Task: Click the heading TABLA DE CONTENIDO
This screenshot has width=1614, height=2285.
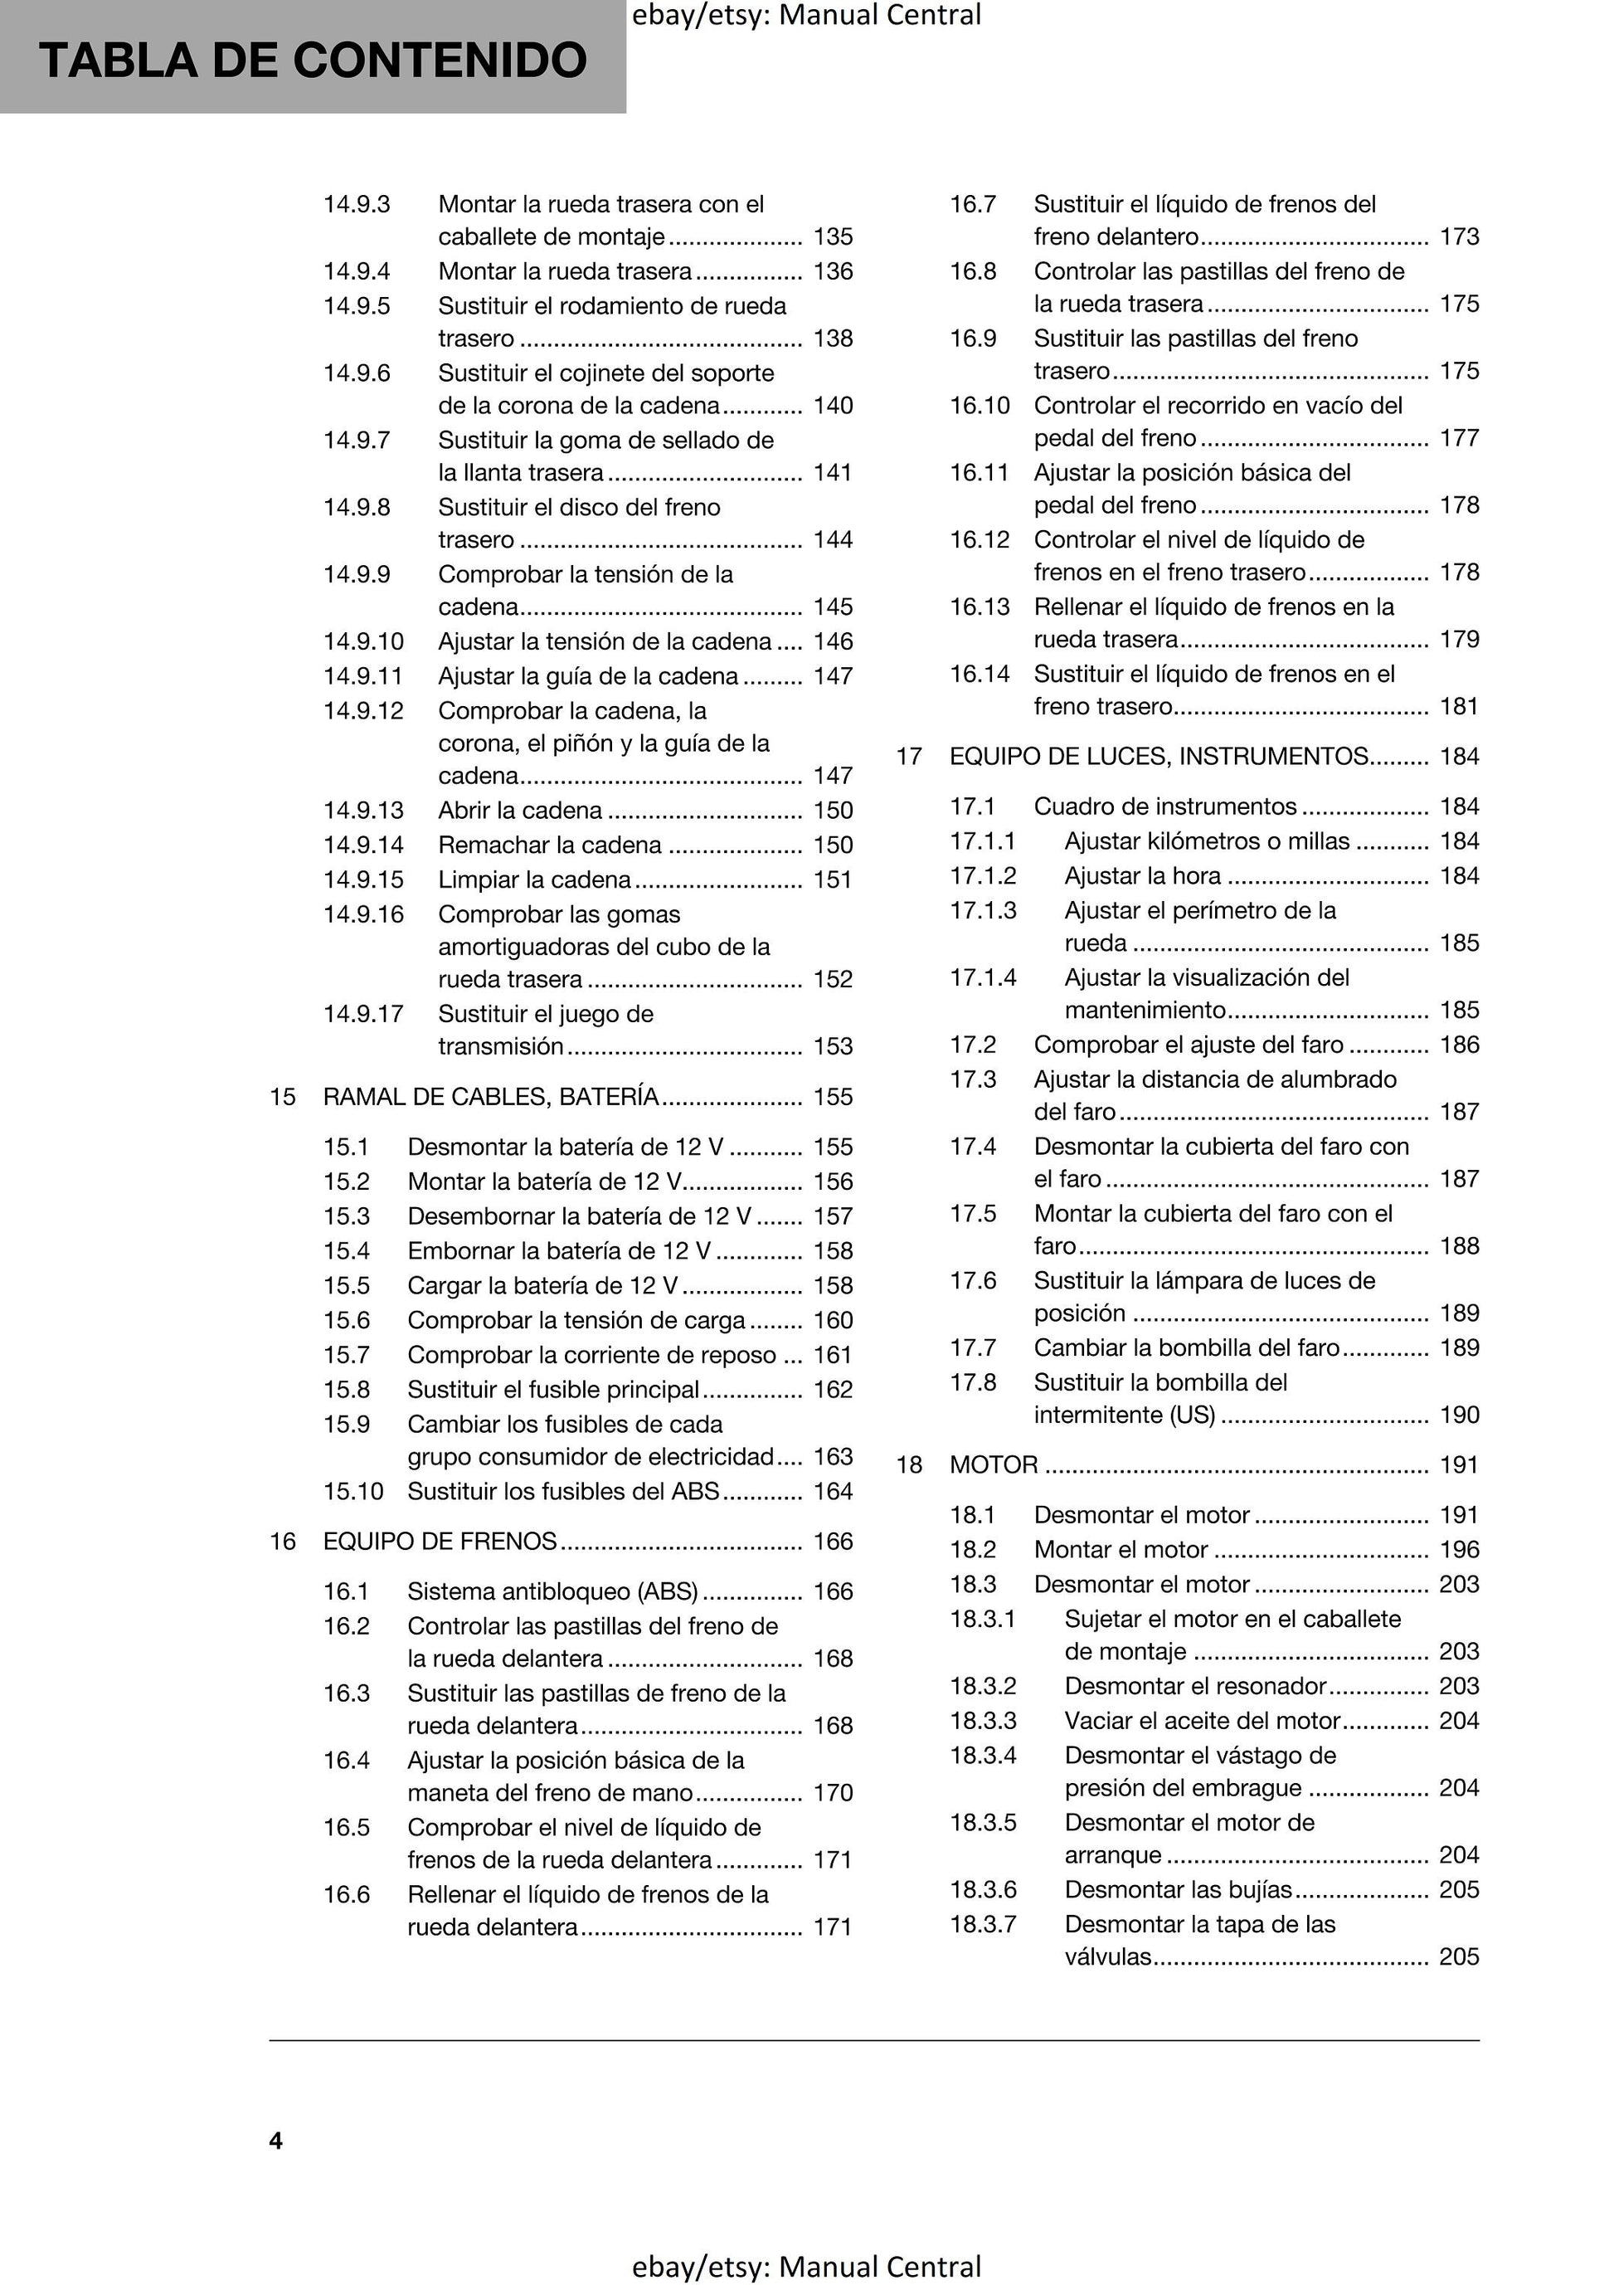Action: click(x=313, y=60)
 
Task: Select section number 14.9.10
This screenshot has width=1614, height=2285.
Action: click(x=363, y=642)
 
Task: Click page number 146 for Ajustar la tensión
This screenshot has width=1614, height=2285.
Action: click(x=833, y=642)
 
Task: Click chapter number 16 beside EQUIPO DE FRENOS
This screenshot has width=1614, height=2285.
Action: click(x=283, y=1542)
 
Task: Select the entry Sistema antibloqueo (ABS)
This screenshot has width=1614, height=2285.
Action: click(x=552, y=1591)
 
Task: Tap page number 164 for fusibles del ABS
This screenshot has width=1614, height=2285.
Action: click(x=833, y=1491)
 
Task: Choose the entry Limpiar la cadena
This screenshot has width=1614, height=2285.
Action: click(x=534, y=879)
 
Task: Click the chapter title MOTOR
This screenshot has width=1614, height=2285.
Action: click(x=993, y=1465)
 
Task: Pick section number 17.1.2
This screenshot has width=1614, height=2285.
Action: click(x=983, y=876)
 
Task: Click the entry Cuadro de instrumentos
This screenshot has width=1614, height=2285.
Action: click(x=1165, y=806)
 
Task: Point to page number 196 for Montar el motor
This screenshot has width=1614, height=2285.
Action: click(x=1459, y=1550)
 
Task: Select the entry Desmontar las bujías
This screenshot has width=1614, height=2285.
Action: click(x=1179, y=1890)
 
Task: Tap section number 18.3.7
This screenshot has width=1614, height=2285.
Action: click(x=983, y=1925)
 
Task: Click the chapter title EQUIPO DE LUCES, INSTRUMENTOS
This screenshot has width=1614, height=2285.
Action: click(x=1159, y=757)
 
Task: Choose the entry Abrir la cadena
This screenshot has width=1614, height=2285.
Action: click(x=519, y=810)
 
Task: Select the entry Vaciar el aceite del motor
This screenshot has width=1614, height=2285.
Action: click(x=1202, y=1721)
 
